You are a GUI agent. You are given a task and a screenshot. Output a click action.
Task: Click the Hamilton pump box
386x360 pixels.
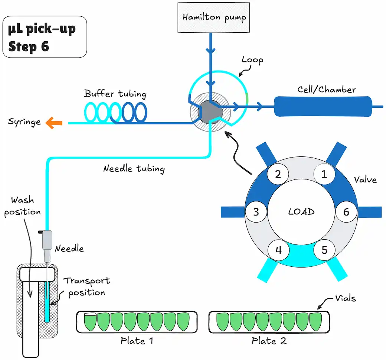214,17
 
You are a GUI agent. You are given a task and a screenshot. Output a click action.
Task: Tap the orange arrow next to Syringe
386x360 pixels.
54,123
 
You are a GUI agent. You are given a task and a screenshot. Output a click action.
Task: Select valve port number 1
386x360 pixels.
324,174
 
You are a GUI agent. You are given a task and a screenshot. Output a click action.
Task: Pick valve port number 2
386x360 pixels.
278,174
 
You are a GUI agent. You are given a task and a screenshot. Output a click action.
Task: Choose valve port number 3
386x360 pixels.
256,212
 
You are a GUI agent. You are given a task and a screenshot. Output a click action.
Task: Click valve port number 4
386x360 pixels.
278,250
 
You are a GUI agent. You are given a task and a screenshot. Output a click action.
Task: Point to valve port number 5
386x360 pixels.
324,250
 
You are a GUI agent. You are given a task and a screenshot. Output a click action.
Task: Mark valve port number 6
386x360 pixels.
346,212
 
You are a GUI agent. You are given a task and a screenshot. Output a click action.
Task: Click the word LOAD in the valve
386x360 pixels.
301,212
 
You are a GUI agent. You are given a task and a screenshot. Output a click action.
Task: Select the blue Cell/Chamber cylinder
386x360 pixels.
323,107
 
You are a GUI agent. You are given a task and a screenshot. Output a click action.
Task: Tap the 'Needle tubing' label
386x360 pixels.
134,169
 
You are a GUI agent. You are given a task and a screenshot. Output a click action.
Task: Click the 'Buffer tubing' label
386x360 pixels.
115,94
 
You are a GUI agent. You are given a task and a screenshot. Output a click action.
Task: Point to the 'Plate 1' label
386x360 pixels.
137,341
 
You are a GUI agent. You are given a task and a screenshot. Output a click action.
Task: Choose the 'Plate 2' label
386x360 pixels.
269,341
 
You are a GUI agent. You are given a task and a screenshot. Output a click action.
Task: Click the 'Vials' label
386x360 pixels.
346,298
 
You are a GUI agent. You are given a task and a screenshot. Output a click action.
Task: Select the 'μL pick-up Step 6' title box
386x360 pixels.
45,37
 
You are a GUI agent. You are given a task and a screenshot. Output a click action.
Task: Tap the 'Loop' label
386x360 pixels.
252,60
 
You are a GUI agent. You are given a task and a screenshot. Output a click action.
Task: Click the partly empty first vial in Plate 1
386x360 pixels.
90,322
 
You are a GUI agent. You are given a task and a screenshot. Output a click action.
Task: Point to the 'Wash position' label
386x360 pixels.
22,206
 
